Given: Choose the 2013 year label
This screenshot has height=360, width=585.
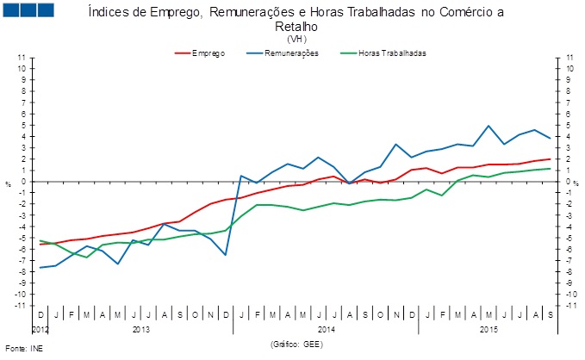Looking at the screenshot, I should tap(141, 330).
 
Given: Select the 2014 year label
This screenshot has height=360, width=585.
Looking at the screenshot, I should tap(327, 330).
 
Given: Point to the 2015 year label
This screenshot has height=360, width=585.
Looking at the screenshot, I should tap(489, 330).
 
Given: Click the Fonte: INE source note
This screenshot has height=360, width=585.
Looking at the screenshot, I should tap(22, 350).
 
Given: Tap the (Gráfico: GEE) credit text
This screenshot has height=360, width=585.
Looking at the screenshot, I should tap(297, 344).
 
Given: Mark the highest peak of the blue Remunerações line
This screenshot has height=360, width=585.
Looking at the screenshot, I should tap(489, 126).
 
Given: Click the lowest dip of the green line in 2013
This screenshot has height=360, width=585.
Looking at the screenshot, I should tap(87, 258).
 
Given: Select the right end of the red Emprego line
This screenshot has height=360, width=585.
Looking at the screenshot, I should tap(550, 158).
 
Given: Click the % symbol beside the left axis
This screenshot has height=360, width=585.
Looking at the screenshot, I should tap(9, 183).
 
